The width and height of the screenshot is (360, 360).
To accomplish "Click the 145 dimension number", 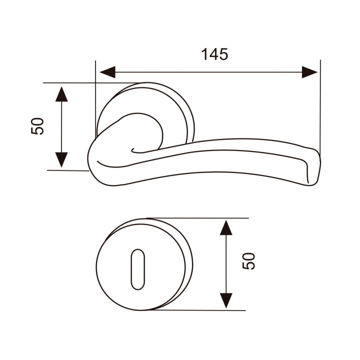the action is point(214,54).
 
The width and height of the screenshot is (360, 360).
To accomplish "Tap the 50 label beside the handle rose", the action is point(37,126).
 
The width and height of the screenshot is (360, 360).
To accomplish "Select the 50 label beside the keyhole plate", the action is point(248,261).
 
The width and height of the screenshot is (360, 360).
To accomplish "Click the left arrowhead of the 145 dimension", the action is point(107,72).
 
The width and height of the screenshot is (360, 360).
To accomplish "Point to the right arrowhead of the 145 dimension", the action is point(309,72).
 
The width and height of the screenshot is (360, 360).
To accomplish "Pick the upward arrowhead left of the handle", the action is point(61,94).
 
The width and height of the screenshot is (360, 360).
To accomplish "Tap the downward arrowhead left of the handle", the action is point(61,160).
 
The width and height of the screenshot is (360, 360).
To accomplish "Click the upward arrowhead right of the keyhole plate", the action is point(226,227).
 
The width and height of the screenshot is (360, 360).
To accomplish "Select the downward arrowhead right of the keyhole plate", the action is point(226,300).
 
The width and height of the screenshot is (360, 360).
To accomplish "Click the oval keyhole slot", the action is point(138,269).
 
